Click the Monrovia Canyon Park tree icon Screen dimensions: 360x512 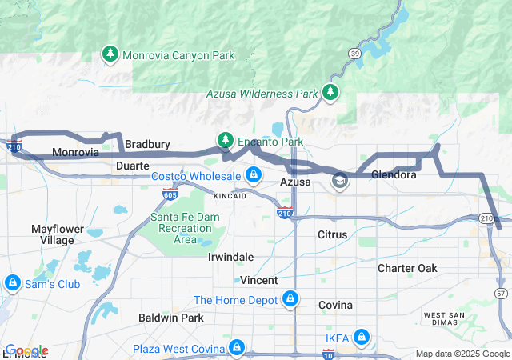coord(110,54)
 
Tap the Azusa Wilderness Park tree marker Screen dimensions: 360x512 coord(330,93)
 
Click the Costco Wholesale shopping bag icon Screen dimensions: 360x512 coord(254,174)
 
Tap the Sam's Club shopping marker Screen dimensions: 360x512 coord(12,283)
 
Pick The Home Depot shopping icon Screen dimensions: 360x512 coord(290,300)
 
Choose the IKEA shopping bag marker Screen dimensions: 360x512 coord(362,338)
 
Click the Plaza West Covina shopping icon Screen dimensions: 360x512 coord(237,348)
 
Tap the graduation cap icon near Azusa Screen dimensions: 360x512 coord(340,182)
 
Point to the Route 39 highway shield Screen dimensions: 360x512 coord(354,53)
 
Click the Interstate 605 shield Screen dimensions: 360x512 coord(170,194)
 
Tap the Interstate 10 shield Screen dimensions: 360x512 coord(329,353)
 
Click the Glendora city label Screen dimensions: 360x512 coord(394,174)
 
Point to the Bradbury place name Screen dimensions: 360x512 coord(147,144)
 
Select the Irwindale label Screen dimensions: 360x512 coord(230,257)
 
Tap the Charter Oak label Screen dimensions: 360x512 coord(407,268)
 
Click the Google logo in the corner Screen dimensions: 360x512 coord(26,350)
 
